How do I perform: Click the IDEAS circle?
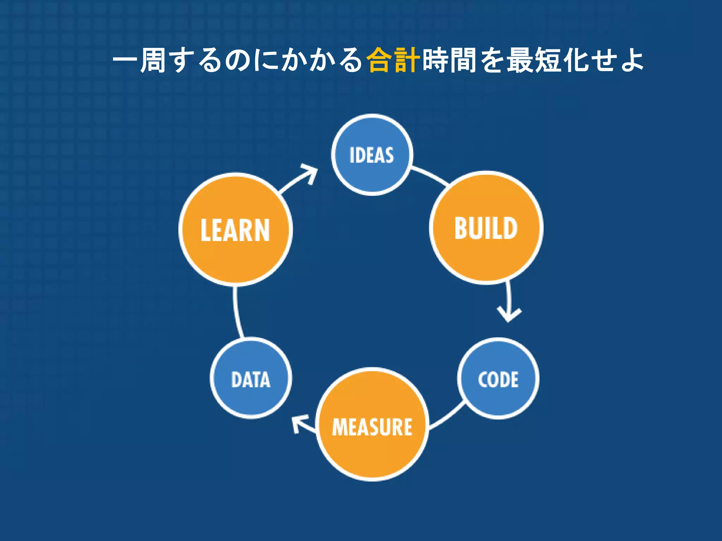tap(372, 155)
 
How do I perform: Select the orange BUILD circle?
tap(486, 228)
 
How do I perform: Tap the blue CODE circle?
tap(498, 379)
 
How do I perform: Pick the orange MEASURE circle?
tap(372, 425)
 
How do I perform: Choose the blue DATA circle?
tap(251, 379)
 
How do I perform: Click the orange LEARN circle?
tap(235, 230)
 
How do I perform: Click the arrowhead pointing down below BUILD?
tap(509, 315)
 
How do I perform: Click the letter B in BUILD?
tap(460, 228)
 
